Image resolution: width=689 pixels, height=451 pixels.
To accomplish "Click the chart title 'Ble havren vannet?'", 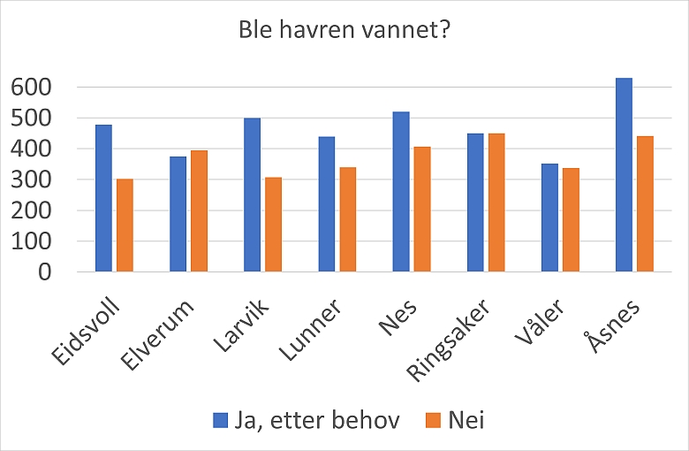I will (345, 29).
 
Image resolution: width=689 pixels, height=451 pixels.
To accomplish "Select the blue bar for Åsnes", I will (624, 175).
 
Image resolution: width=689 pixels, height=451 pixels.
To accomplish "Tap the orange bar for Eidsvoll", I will (125, 225).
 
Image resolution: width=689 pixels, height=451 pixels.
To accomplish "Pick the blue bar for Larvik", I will (253, 195).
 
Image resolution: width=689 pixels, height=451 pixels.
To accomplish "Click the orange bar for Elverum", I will (200, 210).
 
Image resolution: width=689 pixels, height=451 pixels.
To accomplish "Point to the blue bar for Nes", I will (401, 191).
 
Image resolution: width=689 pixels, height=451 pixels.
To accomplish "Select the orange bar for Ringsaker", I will (496, 203).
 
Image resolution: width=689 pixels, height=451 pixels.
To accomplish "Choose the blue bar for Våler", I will (549, 218).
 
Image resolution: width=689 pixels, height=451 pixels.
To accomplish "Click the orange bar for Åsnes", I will (645, 204).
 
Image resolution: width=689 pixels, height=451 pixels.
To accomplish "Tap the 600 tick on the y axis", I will (31, 88).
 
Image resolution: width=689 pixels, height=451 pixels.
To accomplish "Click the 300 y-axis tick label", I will (31, 180).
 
